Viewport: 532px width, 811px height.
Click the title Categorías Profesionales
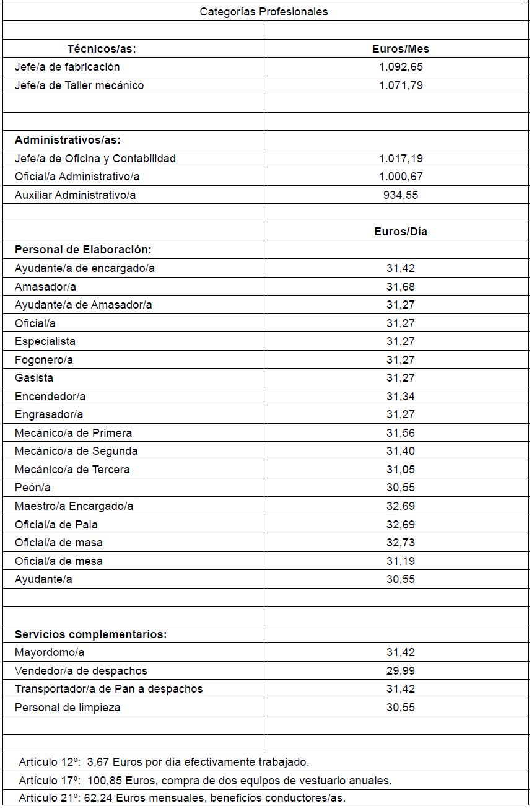click(x=264, y=12)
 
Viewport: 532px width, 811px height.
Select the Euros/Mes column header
click(x=400, y=49)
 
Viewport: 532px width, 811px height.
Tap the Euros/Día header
click(x=400, y=232)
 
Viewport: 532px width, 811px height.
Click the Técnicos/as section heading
click(x=102, y=49)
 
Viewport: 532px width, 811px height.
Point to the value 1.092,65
click(x=400, y=67)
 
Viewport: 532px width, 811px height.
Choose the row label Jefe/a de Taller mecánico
click(x=79, y=85)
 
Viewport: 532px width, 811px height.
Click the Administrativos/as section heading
click(x=68, y=140)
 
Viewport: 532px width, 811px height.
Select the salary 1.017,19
click(x=400, y=159)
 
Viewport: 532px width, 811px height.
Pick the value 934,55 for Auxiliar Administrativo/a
click(x=400, y=195)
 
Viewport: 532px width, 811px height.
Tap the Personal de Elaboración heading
click(x=83, y=250)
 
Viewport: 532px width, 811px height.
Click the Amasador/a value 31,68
click(x=400, y=287)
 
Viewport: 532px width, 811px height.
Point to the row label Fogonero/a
click(x=44, y=360)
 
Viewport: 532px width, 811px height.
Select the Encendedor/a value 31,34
click(x=400, y=397)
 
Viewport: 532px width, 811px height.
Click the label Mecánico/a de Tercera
click(x=72, y=470)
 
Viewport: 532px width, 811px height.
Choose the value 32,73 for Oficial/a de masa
click(x=400, y=543)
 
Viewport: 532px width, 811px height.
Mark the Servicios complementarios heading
click(x=90, y=634)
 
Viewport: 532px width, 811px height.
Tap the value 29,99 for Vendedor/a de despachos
click(x=400, y=671)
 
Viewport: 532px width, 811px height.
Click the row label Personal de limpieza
click(x=68, y=708)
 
